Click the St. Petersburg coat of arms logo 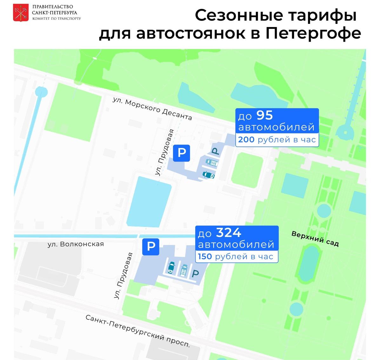click(21, 13)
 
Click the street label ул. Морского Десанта click(152, 109)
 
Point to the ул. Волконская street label click(76, 244)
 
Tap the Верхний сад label click(315, 239)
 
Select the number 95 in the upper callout click(264, 115)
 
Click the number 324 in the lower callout click(228, 233)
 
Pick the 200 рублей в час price click(277, 139)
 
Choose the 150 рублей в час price click(235, 256)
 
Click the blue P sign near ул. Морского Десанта click(181, 153)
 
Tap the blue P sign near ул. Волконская click(150, 246)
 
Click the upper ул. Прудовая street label click(164, 152)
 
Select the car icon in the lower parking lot click(171, 268)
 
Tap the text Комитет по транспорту click(57, 19)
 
